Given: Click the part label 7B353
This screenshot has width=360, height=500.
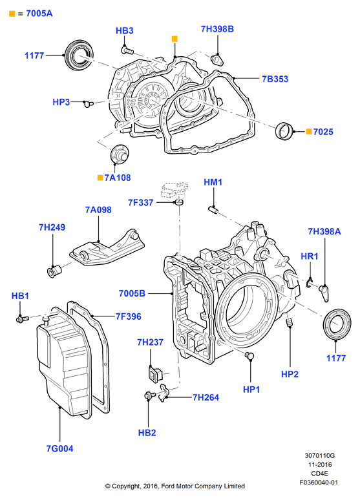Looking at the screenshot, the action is [275, 79].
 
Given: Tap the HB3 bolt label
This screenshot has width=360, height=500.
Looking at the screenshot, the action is [125, 30].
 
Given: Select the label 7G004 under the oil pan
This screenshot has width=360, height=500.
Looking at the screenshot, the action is [59, 448].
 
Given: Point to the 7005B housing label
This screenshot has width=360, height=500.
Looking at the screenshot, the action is [132, 293].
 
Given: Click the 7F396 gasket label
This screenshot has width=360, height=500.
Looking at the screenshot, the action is [129, 317].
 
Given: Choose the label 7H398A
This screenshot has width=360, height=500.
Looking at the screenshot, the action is [324, 231].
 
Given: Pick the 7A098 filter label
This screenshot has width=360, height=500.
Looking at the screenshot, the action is [98, 210].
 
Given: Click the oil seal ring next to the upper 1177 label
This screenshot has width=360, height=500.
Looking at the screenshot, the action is [79, 54].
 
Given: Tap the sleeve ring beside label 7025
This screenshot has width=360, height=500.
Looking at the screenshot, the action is [284, 130].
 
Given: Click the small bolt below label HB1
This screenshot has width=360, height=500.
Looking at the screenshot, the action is [23, 318].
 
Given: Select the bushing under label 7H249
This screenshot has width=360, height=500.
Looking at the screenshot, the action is [54, 271].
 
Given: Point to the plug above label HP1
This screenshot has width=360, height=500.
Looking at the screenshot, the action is [249, 355].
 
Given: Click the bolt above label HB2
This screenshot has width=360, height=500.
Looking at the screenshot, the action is [149, 395].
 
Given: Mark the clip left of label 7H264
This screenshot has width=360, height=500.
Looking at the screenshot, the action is [164, 392].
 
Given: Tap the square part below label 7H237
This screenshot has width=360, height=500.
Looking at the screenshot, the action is [155, 373].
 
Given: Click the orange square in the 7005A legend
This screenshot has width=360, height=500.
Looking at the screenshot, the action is [12, 14].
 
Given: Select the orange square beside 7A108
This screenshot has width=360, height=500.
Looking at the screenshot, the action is [100, 178].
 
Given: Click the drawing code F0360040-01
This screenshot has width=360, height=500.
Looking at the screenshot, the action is [319, 483].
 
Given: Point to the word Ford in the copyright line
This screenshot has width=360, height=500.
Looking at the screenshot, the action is [168, 486].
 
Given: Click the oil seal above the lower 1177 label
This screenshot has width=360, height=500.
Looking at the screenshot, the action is [337, 324].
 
